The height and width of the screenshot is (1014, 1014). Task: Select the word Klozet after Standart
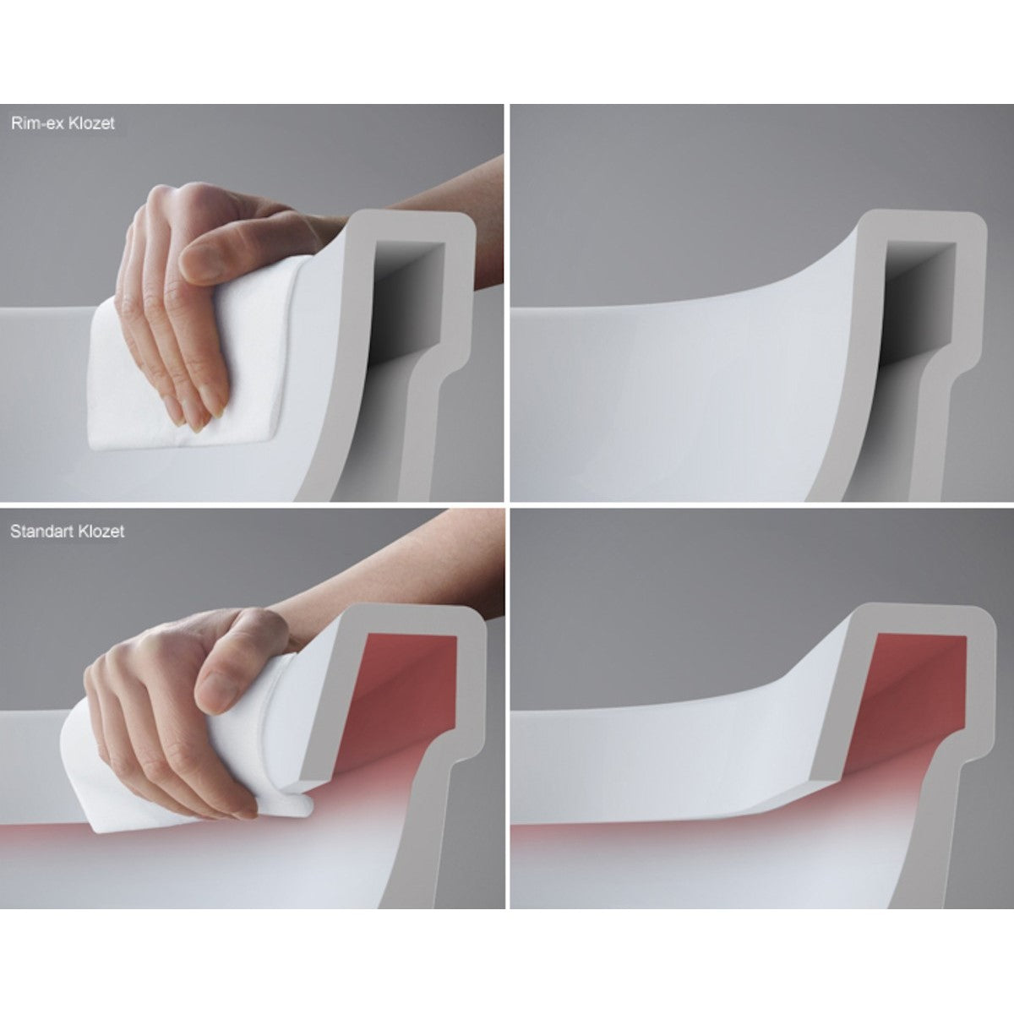(x=101, y=532)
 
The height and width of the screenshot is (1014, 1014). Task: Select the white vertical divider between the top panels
(x=507, y=303)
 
